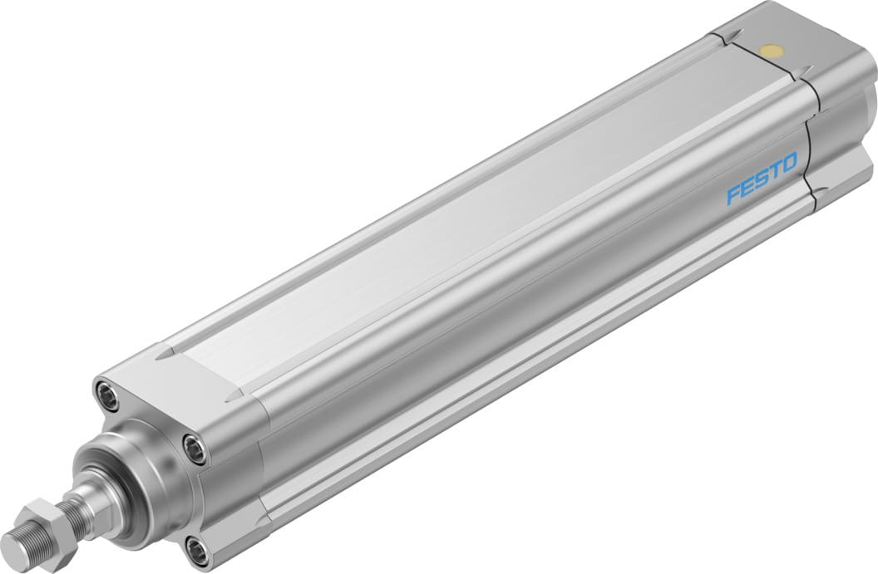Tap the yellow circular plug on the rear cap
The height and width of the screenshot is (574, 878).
click(772, 53)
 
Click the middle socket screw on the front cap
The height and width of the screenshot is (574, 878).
click(195, 449)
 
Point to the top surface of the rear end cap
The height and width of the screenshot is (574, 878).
click(790, 33)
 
